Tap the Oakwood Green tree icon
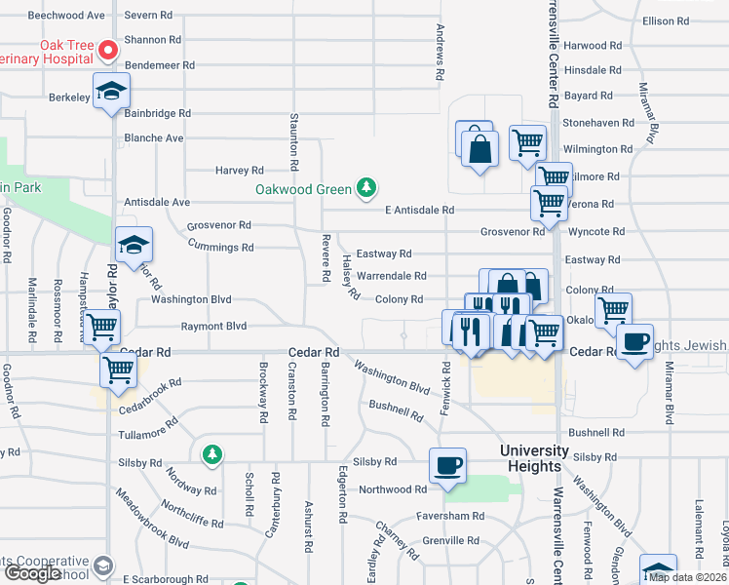pyautogui.click(x=366, y=186)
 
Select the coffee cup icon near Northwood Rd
pyautogui.click(x=448, y=466)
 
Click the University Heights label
pyautogui.click(x=534, y=458)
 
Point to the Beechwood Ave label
pyautogui.click(x=66, y=17)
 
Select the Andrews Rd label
pyautogui.click(x=441, y=53)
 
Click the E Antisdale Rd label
pyautogui.click(x=419, y=210)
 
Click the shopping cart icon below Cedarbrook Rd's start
pyautogui.click(x=118, y=370)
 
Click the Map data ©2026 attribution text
pyautogui.click(x=688, y=577)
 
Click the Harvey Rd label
pyautogui.click(x=240, y=171)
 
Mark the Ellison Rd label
pyautogui.click(x=693, y=21)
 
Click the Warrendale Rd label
pyautogui.click(x=391, y=276)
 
